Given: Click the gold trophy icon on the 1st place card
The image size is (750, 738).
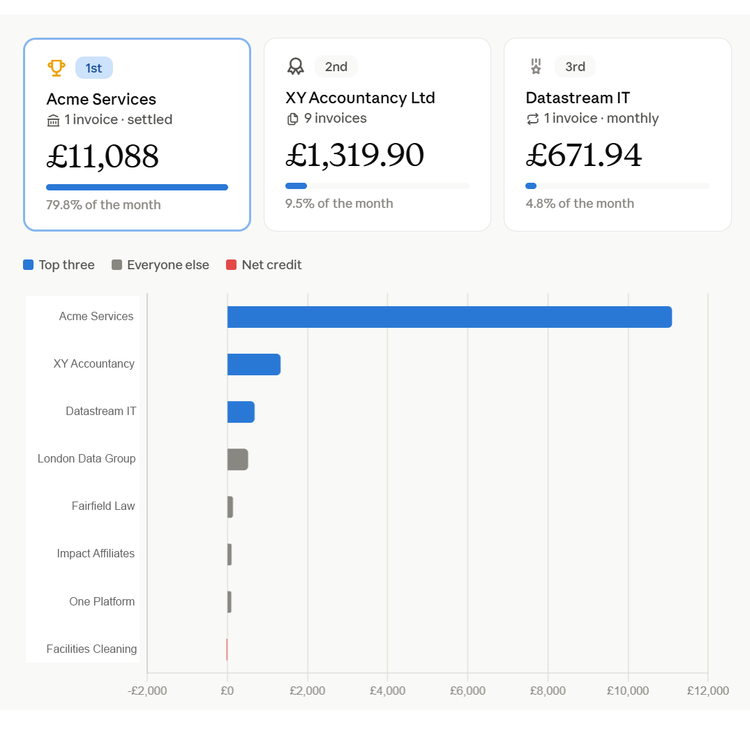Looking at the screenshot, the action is [57, 68].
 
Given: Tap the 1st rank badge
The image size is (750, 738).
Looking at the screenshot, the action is [93, 68].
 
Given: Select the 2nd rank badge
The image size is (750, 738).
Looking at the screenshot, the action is [336, 66].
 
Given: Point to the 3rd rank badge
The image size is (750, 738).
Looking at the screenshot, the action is [575, 66].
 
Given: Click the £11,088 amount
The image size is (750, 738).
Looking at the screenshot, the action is [103, 156].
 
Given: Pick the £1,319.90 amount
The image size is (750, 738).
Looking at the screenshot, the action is [354, 155].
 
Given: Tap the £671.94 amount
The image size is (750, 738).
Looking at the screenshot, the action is [583, 155].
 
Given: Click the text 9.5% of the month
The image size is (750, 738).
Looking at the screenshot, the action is [339, 203].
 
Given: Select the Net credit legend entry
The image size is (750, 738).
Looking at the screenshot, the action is [264, 265].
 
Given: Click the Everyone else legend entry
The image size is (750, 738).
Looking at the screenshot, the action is [160, 265].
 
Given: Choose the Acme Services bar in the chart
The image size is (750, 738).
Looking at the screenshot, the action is [449, 317].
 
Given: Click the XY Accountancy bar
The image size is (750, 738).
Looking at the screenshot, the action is [254, 364].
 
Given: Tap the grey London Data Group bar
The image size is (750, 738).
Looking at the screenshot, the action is [238, 460].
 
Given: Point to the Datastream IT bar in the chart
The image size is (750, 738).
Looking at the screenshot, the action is [241, 412].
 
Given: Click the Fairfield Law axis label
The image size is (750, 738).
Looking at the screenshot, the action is [103, 506].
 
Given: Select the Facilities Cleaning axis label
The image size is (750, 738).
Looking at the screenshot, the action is [91, 649].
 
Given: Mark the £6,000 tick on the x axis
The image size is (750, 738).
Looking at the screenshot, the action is [468, 691].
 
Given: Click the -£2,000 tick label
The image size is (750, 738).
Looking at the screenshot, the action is [147, 691].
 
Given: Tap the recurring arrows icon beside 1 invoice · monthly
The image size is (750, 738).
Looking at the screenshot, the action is [533, 119].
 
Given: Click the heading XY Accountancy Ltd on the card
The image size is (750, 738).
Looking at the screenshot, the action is [360, 98].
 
